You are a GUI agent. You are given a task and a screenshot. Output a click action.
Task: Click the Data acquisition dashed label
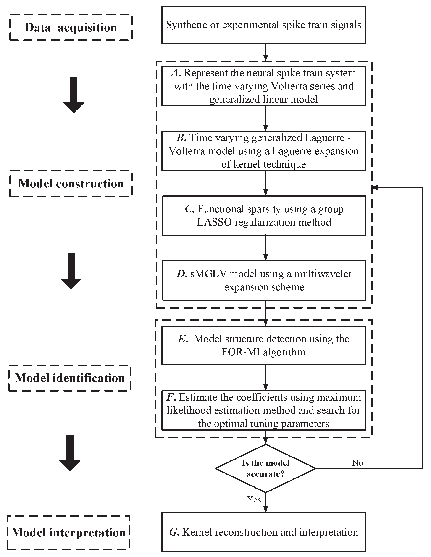coord(71,28)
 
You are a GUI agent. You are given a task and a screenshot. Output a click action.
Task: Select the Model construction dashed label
coord(71,184)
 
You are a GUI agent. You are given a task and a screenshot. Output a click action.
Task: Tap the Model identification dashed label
coord(70,378)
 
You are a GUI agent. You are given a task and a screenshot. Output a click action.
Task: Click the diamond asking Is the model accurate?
coord(265,468)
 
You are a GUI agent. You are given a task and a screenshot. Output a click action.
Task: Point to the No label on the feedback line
coord(357,463)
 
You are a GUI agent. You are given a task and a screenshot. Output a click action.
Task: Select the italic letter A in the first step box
coord(176,73)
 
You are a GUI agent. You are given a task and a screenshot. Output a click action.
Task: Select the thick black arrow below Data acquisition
coord(74,95)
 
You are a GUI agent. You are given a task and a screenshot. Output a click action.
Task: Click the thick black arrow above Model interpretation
coord(70,453)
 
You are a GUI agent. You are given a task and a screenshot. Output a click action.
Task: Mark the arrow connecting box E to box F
coord(265,378)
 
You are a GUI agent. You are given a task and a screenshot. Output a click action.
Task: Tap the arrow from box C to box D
coord(265,248)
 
